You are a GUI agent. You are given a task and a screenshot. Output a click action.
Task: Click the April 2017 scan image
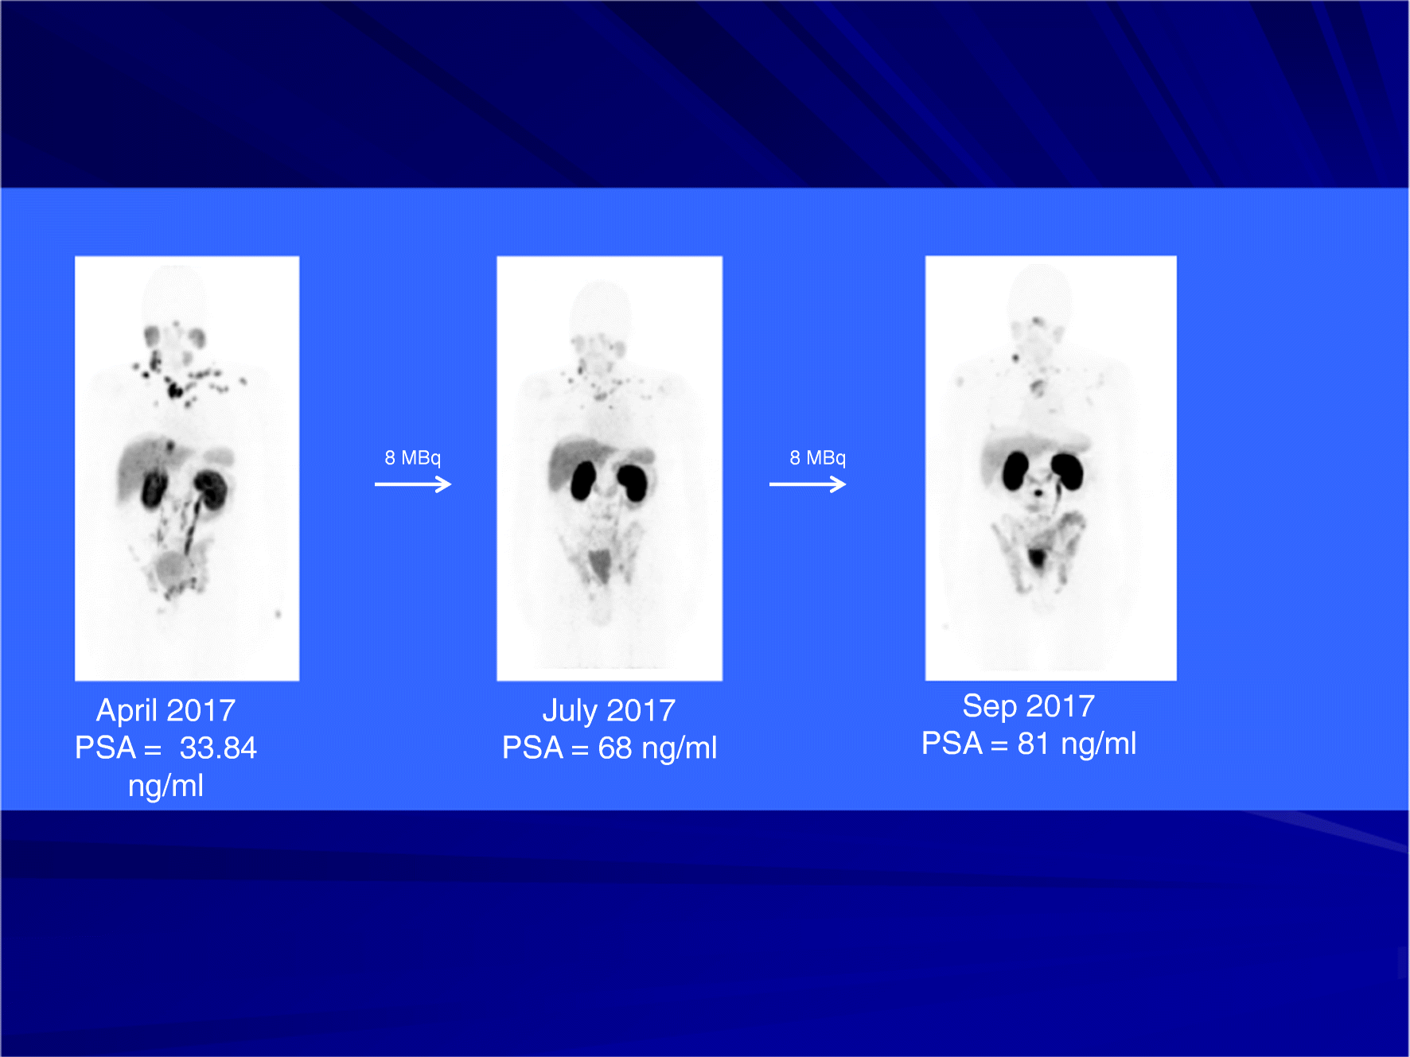pyautogui.click(x=187, y=468)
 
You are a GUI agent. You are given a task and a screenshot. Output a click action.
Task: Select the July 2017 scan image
pyautogui.click(x=610, y=468)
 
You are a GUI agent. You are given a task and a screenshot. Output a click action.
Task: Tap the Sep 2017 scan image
pyautogui.click(x=1050, y=468)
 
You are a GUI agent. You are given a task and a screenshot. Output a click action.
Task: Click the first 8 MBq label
pyautogui.click(x=412, y=458)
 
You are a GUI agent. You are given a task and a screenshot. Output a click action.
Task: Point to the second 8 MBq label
pyautogui.click(x=817, y=458)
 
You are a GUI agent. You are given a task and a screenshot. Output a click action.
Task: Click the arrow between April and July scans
pyautogui.click(x=413, y=484)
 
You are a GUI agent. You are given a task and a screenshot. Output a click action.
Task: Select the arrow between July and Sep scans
pyautogui.click(x=808, y=484)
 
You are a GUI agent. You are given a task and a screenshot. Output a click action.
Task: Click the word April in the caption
pyautogui.click(x=126, y=711)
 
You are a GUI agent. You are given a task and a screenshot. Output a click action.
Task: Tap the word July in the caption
pyautogui.click(x=570, y=711)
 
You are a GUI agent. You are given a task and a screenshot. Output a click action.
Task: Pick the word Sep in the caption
pyautogui.click(x=989, y=706)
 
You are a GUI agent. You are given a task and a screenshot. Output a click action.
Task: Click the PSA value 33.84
pyautogui.click(x=218, y=748)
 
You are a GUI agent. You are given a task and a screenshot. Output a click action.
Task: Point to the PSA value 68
pyautogui.click(x=615, y=748)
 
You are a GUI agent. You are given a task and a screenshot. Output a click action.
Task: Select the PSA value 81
pyautogui.click(x=1034, y=744)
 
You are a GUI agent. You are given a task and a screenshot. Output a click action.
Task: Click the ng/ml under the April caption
pyautogui.click(x=166, y=786)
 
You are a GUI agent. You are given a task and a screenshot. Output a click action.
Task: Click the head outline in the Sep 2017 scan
pyautogui.click(x=1039, y=290)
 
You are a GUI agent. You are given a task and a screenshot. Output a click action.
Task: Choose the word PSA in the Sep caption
pyautogui.click(x=952, y=744)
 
